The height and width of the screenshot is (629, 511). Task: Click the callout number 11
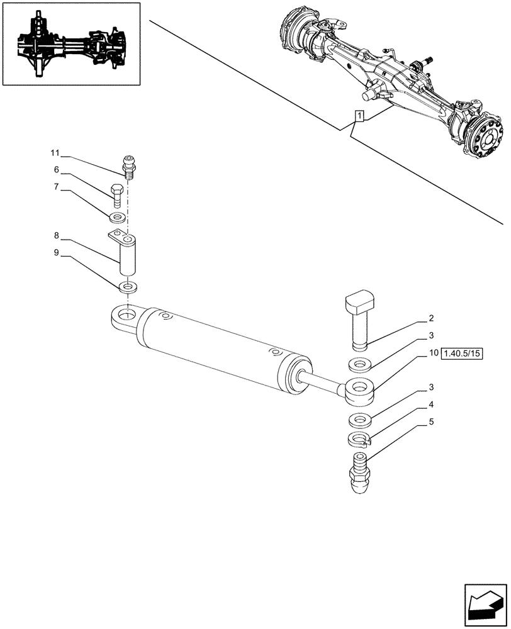(x=55, y=153)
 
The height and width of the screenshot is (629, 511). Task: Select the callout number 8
(x=57, y=236)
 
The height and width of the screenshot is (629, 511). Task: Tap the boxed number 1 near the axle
(x=359, y=116)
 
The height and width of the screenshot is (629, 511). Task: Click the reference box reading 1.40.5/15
(x=461, y=353)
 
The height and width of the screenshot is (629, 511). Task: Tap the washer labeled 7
(x=117, y=218)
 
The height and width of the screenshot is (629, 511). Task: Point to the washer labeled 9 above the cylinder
(x=128, y=287)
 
